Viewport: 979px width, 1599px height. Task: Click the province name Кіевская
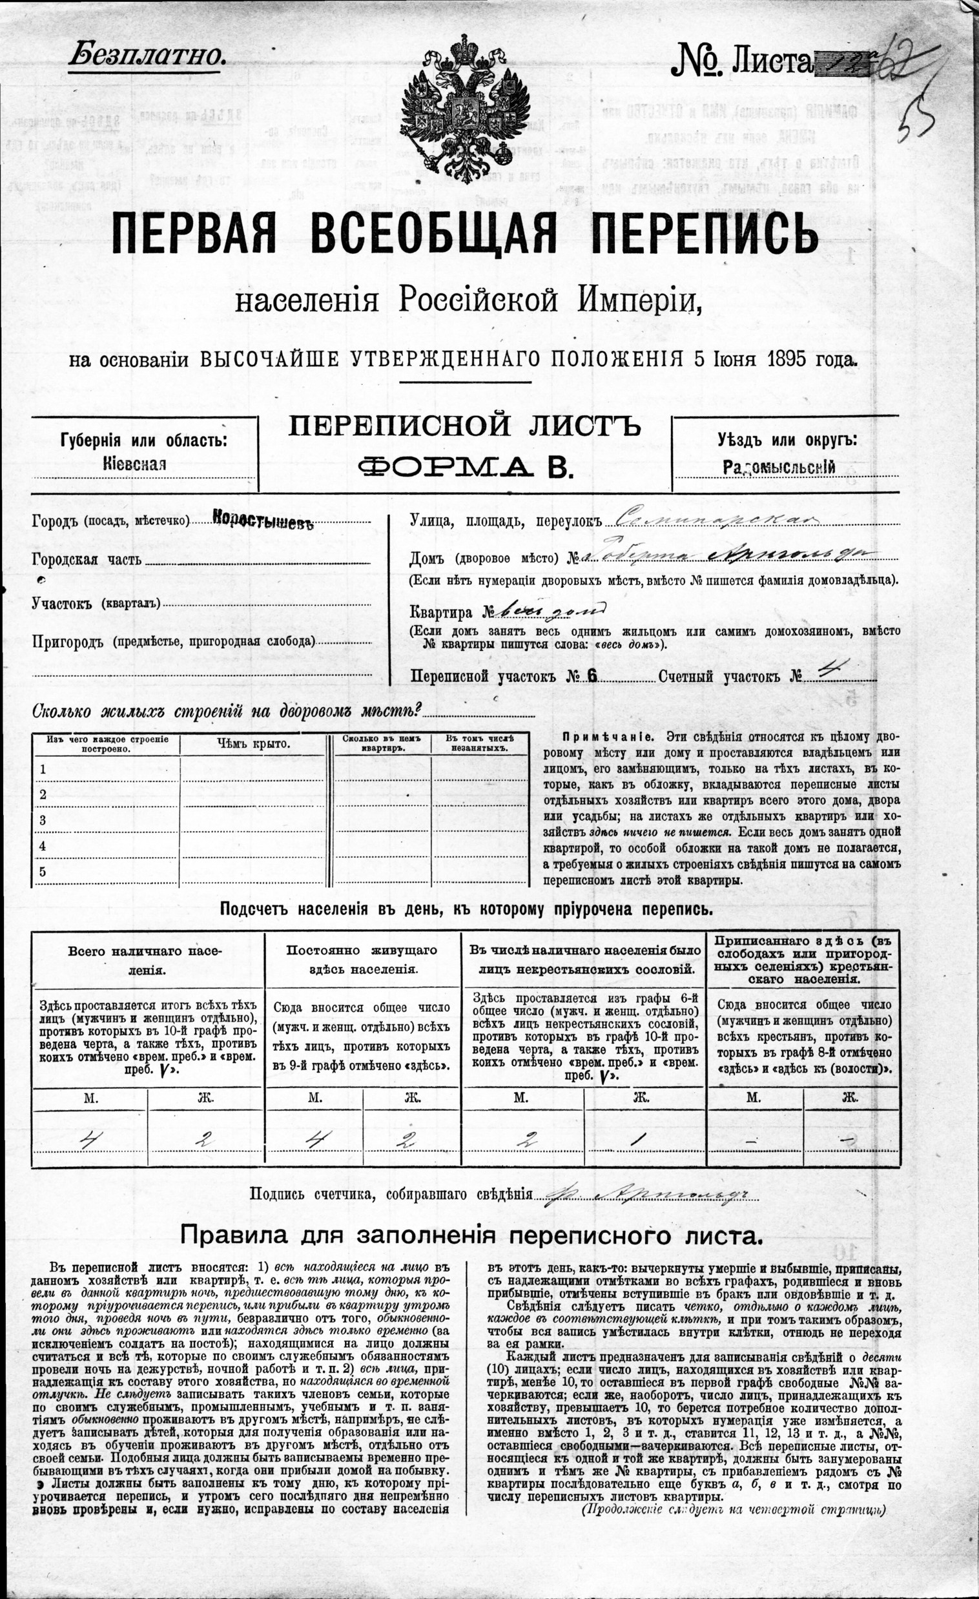(134, 464)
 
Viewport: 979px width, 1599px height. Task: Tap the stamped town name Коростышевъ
(262, 522)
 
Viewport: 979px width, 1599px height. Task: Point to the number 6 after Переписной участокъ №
(591, 676)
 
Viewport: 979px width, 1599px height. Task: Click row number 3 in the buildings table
(43, 820)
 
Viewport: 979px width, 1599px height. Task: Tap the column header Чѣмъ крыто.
(253, 744)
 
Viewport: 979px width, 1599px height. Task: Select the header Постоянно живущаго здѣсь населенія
(362, 959)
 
